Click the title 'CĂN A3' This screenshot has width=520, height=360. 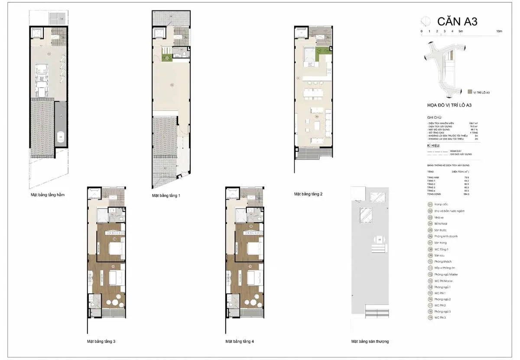coord(457,21)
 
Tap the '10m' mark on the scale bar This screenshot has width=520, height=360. coord(499,31)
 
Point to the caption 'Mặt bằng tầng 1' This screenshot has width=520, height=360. coord(166,196)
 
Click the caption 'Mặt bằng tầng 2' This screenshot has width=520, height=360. coord(308,194)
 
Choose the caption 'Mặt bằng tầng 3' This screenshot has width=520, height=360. coord(101,341)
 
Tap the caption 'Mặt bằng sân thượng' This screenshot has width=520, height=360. coord(370,341)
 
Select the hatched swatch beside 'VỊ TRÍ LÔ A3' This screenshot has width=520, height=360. coord(470,92)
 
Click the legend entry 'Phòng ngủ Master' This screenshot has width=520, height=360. coord(446,275)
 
